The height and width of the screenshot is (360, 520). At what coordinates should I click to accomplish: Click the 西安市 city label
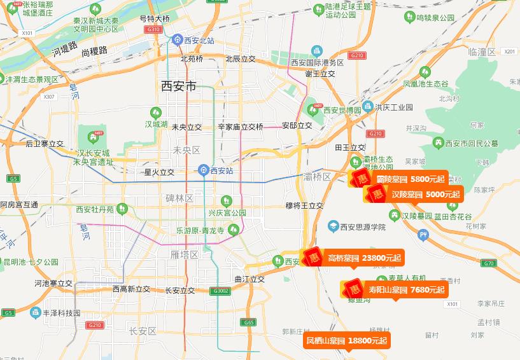pyautogui.click(x=179, y=86)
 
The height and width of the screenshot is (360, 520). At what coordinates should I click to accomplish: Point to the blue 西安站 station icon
pyautogui.click(x=202, y=170)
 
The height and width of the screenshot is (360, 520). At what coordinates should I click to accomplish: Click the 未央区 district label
pyautogui.click(x=186, y=151)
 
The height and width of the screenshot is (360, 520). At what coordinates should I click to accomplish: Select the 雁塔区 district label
pyautogui.click(x=185, y=254)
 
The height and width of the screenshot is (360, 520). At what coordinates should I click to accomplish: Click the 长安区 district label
pyautogui.click(x=143, y=331)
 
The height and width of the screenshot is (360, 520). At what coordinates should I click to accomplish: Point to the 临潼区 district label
pyautogui.click(x=481, y=52)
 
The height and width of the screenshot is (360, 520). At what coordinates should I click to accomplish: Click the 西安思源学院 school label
pyautogui.click(x=363, y=227)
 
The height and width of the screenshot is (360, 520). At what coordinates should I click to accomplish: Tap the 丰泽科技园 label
pyautogui.click(x=61, y=313)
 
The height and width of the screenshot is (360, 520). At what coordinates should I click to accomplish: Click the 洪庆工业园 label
pyautogui.click(x=394, y=107)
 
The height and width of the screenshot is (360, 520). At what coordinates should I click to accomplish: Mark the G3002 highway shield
pyautogui.click(x=220, y=291)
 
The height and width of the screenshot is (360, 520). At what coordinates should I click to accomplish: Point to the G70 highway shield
pyautogui.click(x=488, y=263)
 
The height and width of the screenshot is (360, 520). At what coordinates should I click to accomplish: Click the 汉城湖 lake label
pyautogui.click(x=156, y=124)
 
